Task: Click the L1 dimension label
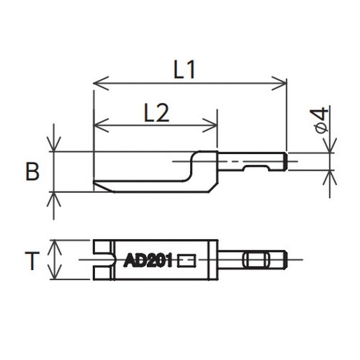click(x=184, y=70)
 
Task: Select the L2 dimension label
click(x=156, y=112)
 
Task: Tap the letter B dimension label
click(x=32, y=171)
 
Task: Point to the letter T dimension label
click(x=32, y=261)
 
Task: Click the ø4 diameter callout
click(x=319, y=120)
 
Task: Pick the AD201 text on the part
click(x=148, y=261)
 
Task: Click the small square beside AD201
click(x=186, y=261)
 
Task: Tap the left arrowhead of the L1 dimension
click(x=101, y=84)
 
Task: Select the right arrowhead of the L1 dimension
click(x=279, y=84)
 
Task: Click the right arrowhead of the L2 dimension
click(x=210, y=125)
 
